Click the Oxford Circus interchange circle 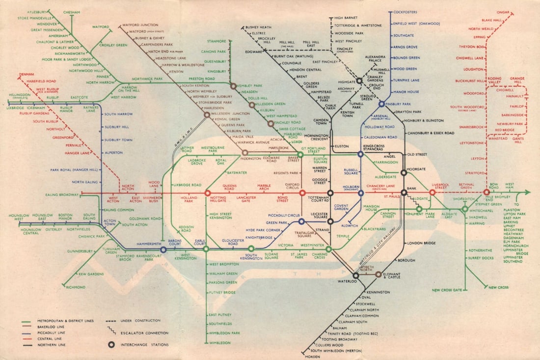pyautogui.click(x=302, y=193)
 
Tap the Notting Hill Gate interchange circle pyautogui.click(x=208, y=193)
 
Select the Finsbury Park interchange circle pyautogui.click(x=381, y=104)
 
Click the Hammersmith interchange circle pyautogui.click(x=163, y=249)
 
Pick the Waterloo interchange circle pyautogui.click(x=355, y=276)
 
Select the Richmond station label pyautogui.click(x=75, y=287)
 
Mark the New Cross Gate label pyautogui.click(x=447, y=290)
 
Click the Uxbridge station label pyautogui.click(x=16, y=108)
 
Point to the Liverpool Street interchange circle pyautogui.click(x=432, y=193)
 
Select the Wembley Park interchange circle pyautogui.click(x=233, y=85)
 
